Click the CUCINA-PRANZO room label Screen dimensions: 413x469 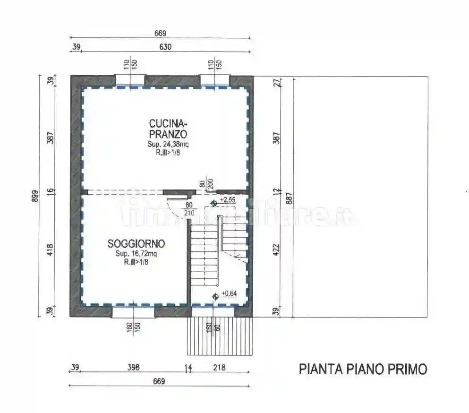(x=168, y=129)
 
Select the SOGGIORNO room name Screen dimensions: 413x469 (x=136, y=244)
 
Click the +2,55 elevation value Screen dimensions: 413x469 (x=227, y=200)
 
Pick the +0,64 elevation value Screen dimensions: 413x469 (x=229, y=293)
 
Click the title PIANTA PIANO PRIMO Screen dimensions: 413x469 (x=363, y=369)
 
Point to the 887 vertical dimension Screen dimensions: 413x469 (x=290, y=196)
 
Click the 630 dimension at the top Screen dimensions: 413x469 (x=165, y=47)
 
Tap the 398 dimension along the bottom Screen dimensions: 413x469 (x=134, y=368)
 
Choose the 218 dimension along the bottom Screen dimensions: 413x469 (x=219, y=368)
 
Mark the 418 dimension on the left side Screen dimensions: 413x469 (x=51, y=249)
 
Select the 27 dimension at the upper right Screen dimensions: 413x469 (x=277, y=82)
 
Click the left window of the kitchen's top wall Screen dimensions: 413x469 (x=130, y=81)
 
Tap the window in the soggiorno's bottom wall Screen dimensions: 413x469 (x=134, y=311)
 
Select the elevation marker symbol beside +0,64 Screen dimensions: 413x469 (x=215, y=296)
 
